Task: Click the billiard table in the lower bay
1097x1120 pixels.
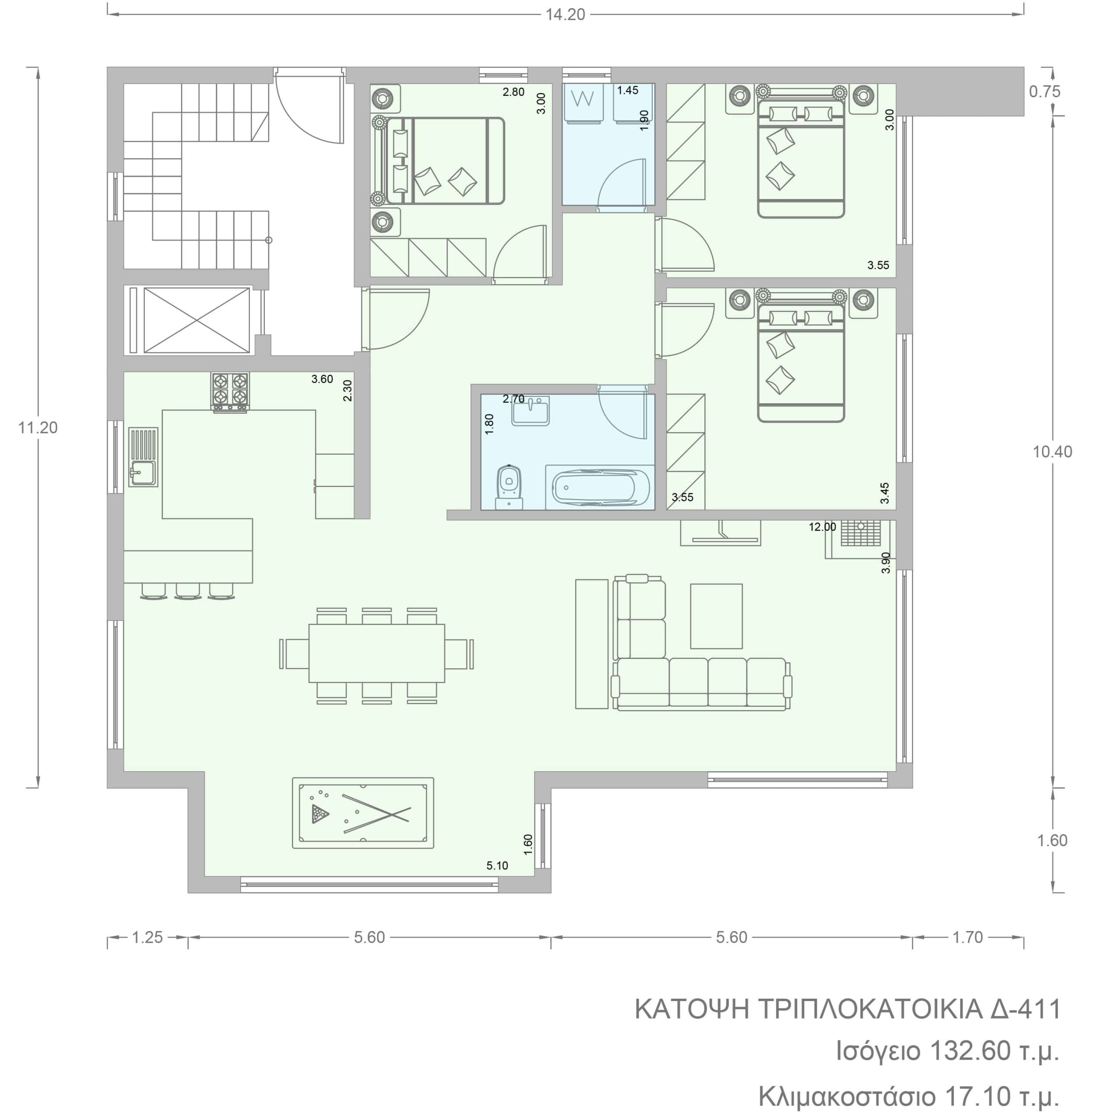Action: (x=363, y=812)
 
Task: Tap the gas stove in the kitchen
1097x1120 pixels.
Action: (x=230, y=392)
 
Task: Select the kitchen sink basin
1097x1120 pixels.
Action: (x=142, y=473)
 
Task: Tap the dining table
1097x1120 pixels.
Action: (x=377, y=654)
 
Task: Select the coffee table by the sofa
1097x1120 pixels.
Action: (x=716, y=616)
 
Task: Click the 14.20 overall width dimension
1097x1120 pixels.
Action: (x=565, y=14)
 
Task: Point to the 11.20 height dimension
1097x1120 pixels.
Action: (x=38, y=427)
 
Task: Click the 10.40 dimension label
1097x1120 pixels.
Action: (x=1052, y=452)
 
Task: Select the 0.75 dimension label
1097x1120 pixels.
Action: (x=1044, y=91)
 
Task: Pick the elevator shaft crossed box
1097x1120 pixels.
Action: (x=197, y=320)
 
